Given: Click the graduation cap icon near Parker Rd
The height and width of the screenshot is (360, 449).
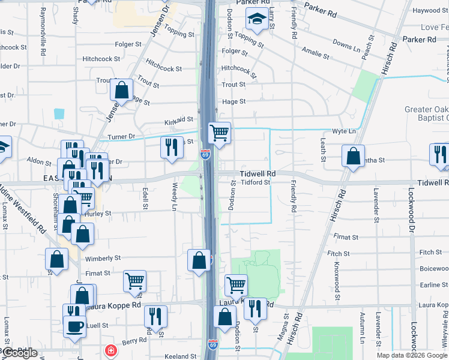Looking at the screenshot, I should pos(257,20).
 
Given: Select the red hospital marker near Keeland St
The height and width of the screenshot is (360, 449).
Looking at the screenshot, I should pos(110,350).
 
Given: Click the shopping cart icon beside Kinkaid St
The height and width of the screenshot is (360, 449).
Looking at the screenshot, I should pos(219,133).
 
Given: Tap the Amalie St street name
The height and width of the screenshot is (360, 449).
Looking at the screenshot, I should pos(316,52).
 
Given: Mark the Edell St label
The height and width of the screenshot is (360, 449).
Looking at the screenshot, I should pos(145,198).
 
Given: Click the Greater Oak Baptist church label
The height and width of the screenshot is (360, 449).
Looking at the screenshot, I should pos(426,113).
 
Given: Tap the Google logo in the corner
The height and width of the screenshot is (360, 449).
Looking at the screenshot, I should pos(20,353).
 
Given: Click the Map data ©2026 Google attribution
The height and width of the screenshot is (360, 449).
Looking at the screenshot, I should pos(412,355).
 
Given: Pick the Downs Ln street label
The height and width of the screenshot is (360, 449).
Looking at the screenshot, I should pos(346,44).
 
